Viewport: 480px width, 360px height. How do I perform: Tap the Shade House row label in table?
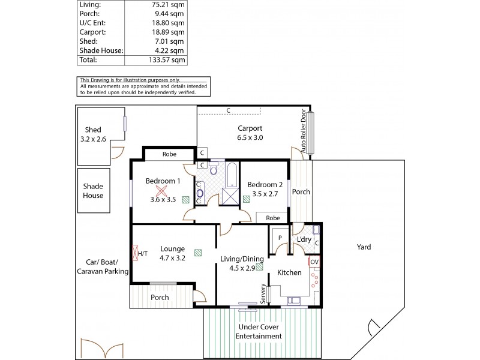(x=101, y=51)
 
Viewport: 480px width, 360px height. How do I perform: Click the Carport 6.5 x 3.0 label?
(x=250, y=133)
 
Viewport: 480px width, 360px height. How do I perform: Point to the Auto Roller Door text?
(x=304, y=130)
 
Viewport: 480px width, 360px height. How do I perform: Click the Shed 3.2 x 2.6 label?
(x=93, y=134)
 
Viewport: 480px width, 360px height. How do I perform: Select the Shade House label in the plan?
(x=93, y=191)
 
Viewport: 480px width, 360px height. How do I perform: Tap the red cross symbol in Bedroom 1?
(x=160, y=191)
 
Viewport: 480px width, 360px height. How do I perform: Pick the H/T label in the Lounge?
(x=143, y=254)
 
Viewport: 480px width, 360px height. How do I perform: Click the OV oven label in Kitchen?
(x=314, y=262)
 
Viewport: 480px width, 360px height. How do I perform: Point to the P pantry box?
(x=280, y=238)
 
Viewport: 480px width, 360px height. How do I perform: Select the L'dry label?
(x=303, y=239)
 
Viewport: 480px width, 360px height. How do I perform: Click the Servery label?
(x=263, y=294)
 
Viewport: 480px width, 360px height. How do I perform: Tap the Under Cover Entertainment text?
(x=260, y=331)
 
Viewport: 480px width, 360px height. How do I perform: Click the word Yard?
(x=364, y=247)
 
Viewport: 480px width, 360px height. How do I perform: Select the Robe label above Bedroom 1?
(x=169, y=154)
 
